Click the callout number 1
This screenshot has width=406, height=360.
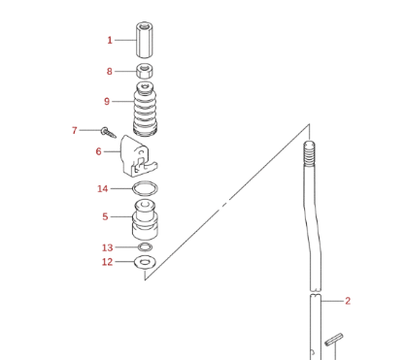(110, 40)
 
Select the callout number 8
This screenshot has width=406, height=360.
(110, 71)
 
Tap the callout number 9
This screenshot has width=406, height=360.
(107, 102)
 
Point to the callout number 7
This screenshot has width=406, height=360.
(75, 130)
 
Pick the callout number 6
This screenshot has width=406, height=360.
(98, 151)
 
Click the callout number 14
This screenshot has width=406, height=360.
(103, 188)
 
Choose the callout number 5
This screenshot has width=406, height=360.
(105, 216)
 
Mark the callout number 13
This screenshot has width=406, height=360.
(108, 247)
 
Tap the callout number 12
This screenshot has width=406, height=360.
(108, 262)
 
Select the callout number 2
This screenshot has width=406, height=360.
(348, 301)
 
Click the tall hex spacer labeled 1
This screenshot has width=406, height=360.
(145, 40)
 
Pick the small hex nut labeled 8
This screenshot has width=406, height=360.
(145, 71)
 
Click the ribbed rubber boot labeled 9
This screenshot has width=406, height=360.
(146, 110)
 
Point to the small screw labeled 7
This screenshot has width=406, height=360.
(108, 132)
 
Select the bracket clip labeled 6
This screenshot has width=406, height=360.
(139, 156)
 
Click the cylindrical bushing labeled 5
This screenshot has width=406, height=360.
(145, 220)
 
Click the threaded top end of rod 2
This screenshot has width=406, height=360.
(309, 153)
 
